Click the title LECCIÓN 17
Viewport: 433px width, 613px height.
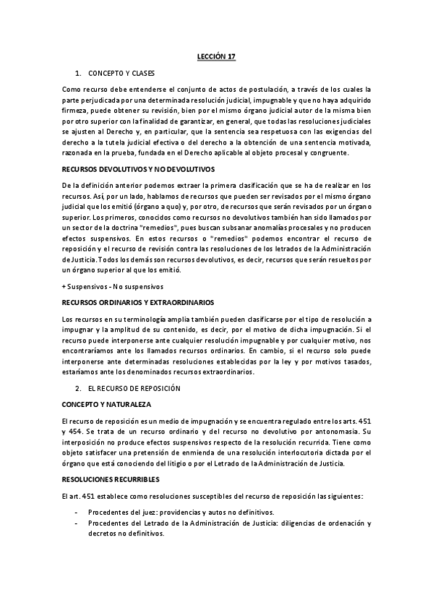click(216, 55)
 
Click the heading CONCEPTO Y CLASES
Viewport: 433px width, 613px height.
click(121, 73)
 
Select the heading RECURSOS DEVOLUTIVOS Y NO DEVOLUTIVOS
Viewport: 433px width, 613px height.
click(134, 169)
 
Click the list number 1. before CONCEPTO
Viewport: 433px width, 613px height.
click(77, 73)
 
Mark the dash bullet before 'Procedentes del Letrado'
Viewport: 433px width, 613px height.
click(77, 523)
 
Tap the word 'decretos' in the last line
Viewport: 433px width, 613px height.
click(103, 533)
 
